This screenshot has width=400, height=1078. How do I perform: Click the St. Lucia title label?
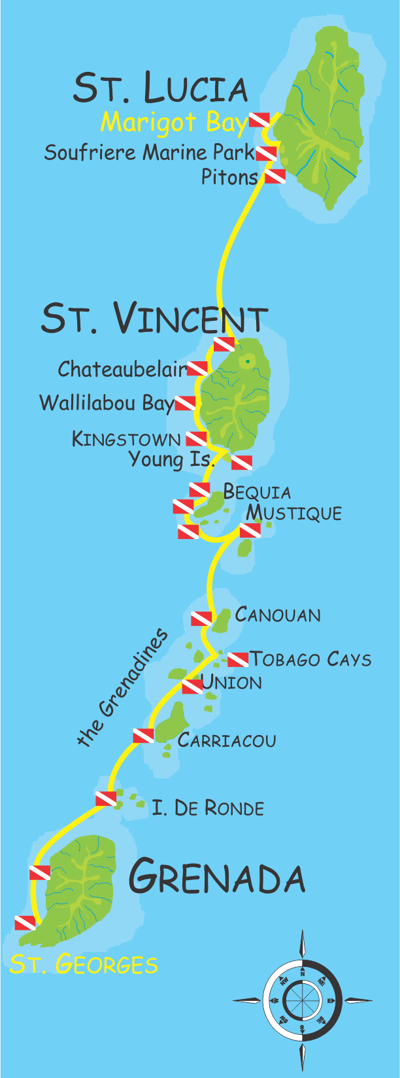160,88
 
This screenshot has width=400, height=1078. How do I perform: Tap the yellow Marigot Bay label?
174,122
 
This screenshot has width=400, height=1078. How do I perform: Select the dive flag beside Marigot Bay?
259,120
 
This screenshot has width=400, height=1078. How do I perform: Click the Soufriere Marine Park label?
149,153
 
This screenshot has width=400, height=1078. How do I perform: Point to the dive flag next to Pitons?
275,176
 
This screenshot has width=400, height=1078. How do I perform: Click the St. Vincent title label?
154,318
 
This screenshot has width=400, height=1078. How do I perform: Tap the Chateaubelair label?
122,369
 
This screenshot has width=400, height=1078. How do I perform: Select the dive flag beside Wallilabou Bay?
185,403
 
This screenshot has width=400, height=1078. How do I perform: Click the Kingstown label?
126,439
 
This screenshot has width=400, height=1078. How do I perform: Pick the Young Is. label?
171,460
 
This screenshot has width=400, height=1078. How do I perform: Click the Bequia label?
257,491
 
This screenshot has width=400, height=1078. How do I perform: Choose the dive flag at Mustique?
250,531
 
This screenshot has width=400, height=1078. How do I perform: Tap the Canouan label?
278,615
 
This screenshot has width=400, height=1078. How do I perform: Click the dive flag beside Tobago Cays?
238,659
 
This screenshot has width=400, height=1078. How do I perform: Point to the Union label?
231,683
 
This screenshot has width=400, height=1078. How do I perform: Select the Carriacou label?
227,740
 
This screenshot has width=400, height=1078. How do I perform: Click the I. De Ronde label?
208,808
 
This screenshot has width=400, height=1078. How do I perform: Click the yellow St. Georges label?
84,964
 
